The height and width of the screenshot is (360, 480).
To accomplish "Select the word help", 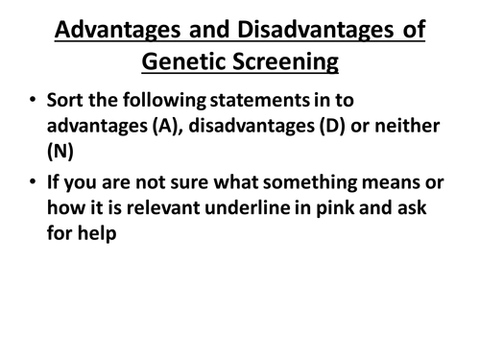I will point(97,236).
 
